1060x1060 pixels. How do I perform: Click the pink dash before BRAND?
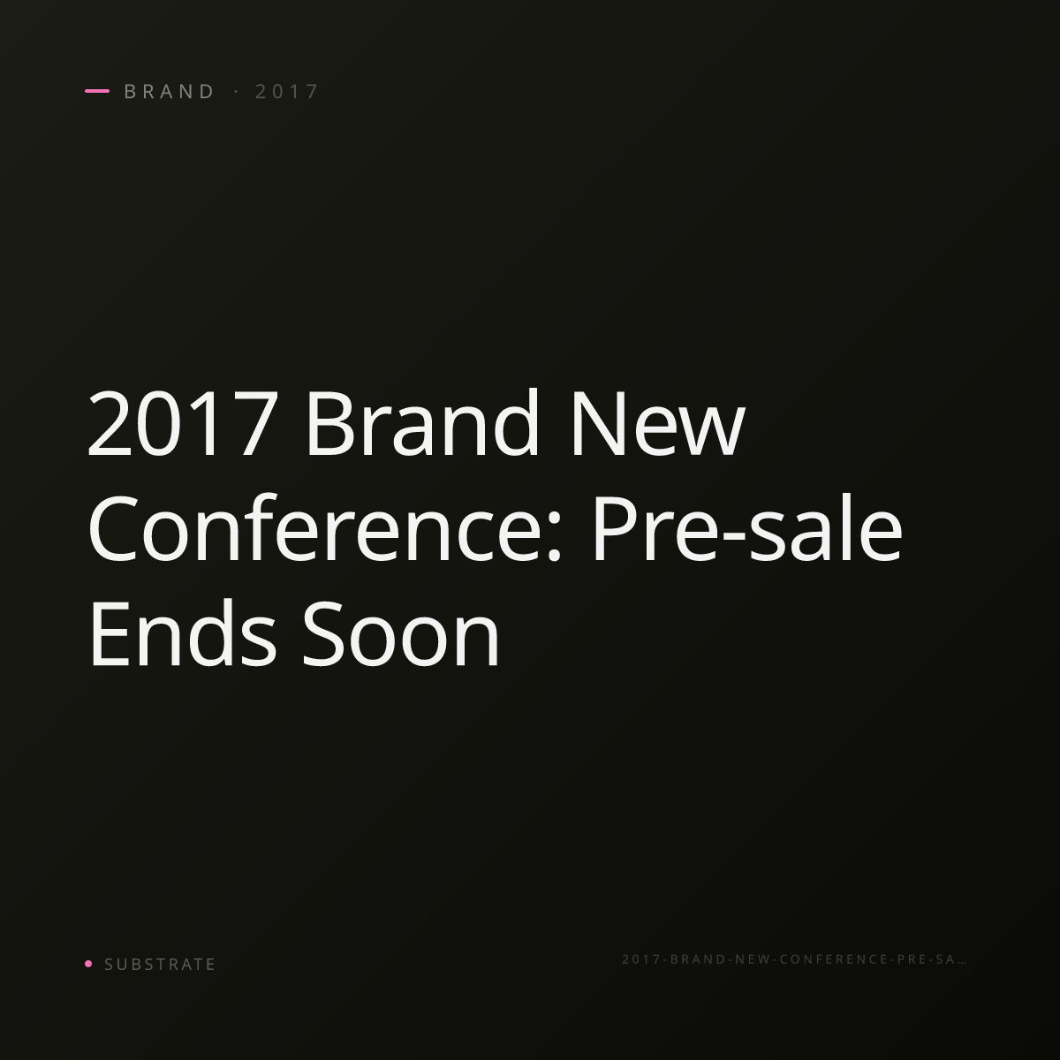[97, 91]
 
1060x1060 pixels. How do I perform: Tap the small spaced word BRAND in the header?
[169, 91]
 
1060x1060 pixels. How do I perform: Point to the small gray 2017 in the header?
[286, 91]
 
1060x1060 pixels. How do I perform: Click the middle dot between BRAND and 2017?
[237, 91]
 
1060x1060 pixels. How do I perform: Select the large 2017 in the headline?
[183, 423]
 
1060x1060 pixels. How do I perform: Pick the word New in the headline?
[658, 423]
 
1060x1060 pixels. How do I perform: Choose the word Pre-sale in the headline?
[747, 527]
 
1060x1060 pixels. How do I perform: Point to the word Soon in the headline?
[401, 633]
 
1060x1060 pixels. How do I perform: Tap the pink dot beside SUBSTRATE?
[88, 963]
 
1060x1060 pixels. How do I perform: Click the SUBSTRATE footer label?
[160, 964]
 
